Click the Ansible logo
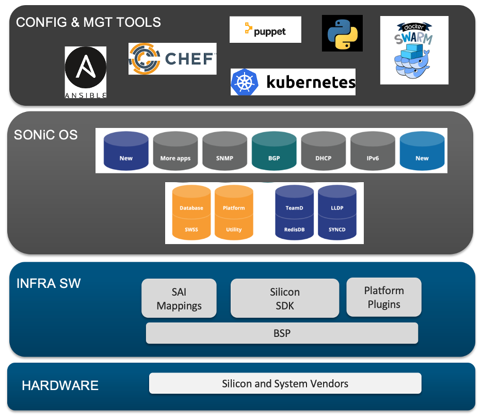(x=86, y=72)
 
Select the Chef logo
(x=172, y=58)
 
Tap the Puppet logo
(x=265, y=30)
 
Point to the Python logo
(x=342, y=33)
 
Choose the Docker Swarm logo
(x=414, y=50)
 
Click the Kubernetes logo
(x=293, y=82)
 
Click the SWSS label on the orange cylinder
(x=191, y=230)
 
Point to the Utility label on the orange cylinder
(x=234, y=230)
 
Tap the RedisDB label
(x=295, y=230)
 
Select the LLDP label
(x=337, y=208)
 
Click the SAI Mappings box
(x=179, y=298)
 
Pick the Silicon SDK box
(x=285, y=298)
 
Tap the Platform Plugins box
(x=384, y=297)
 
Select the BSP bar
(x=282, y=333)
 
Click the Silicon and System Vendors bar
(x=285, y=383)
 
